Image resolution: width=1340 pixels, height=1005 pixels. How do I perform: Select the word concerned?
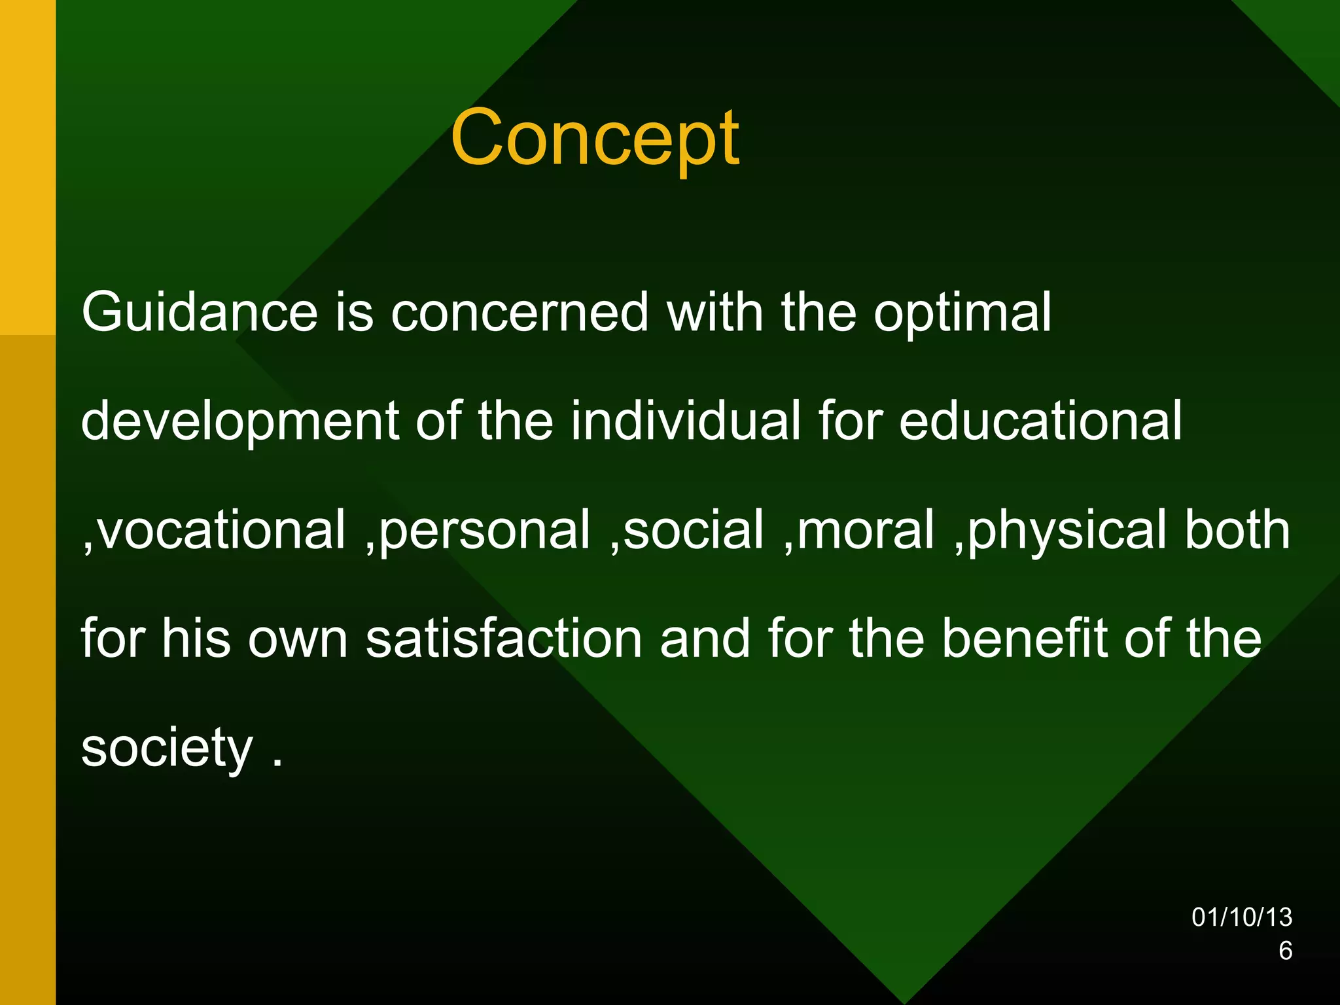click(x=520, y=312)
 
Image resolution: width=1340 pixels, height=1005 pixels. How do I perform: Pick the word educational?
click(x=1040, y=421)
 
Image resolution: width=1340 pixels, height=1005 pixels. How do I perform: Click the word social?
click(x=694, y=529)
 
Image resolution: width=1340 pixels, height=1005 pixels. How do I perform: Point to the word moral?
click(x=866, y=529)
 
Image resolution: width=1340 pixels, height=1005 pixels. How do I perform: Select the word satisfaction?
click(x=504, y=639)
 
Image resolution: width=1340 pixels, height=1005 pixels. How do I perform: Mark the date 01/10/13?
click(x=1241, y=917)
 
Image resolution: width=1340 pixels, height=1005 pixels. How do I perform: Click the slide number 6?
click(x=1285, y=951)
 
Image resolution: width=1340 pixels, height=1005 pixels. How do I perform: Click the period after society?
click(x=277, y=763)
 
